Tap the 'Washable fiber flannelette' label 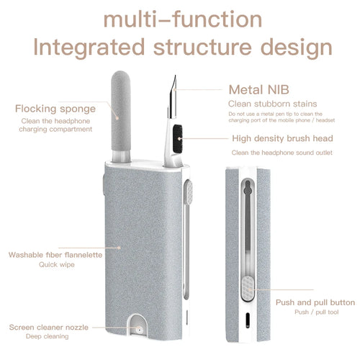[55, 254]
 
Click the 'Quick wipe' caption [56, 264]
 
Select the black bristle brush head [178, 133]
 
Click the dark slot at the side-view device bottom [247, 318]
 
